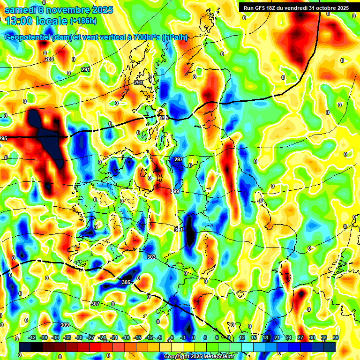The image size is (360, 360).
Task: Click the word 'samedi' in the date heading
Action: click(x=21, y=10)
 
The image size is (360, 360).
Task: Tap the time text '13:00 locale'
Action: click(x=36, y=21)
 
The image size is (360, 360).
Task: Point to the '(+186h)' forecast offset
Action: click(x=83, y=21)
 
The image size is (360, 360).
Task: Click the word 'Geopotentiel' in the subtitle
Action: click(x=28, y=37)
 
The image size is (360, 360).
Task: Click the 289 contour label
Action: click(x=49, y=59)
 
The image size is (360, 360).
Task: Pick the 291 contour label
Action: click(x=85, y=69)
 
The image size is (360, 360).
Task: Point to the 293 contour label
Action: click(x=138, y=82)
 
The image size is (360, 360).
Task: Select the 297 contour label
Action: click(x=178, y=160)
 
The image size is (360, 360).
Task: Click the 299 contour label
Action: click(x=175, y=191)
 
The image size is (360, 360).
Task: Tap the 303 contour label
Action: click(x=151, y=257)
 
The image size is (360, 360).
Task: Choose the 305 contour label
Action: click(x=126, y=282)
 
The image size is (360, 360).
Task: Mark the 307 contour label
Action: click(x=95, y=304)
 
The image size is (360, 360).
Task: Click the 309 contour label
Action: click(x=65, y=325)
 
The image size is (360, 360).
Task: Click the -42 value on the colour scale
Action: click(x=32, y=337)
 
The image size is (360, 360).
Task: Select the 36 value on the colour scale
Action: click(x=335, y=337)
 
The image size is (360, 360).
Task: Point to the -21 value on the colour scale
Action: click(x=114, y=337)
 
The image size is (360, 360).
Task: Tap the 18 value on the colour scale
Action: click(x=265, y=337)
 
